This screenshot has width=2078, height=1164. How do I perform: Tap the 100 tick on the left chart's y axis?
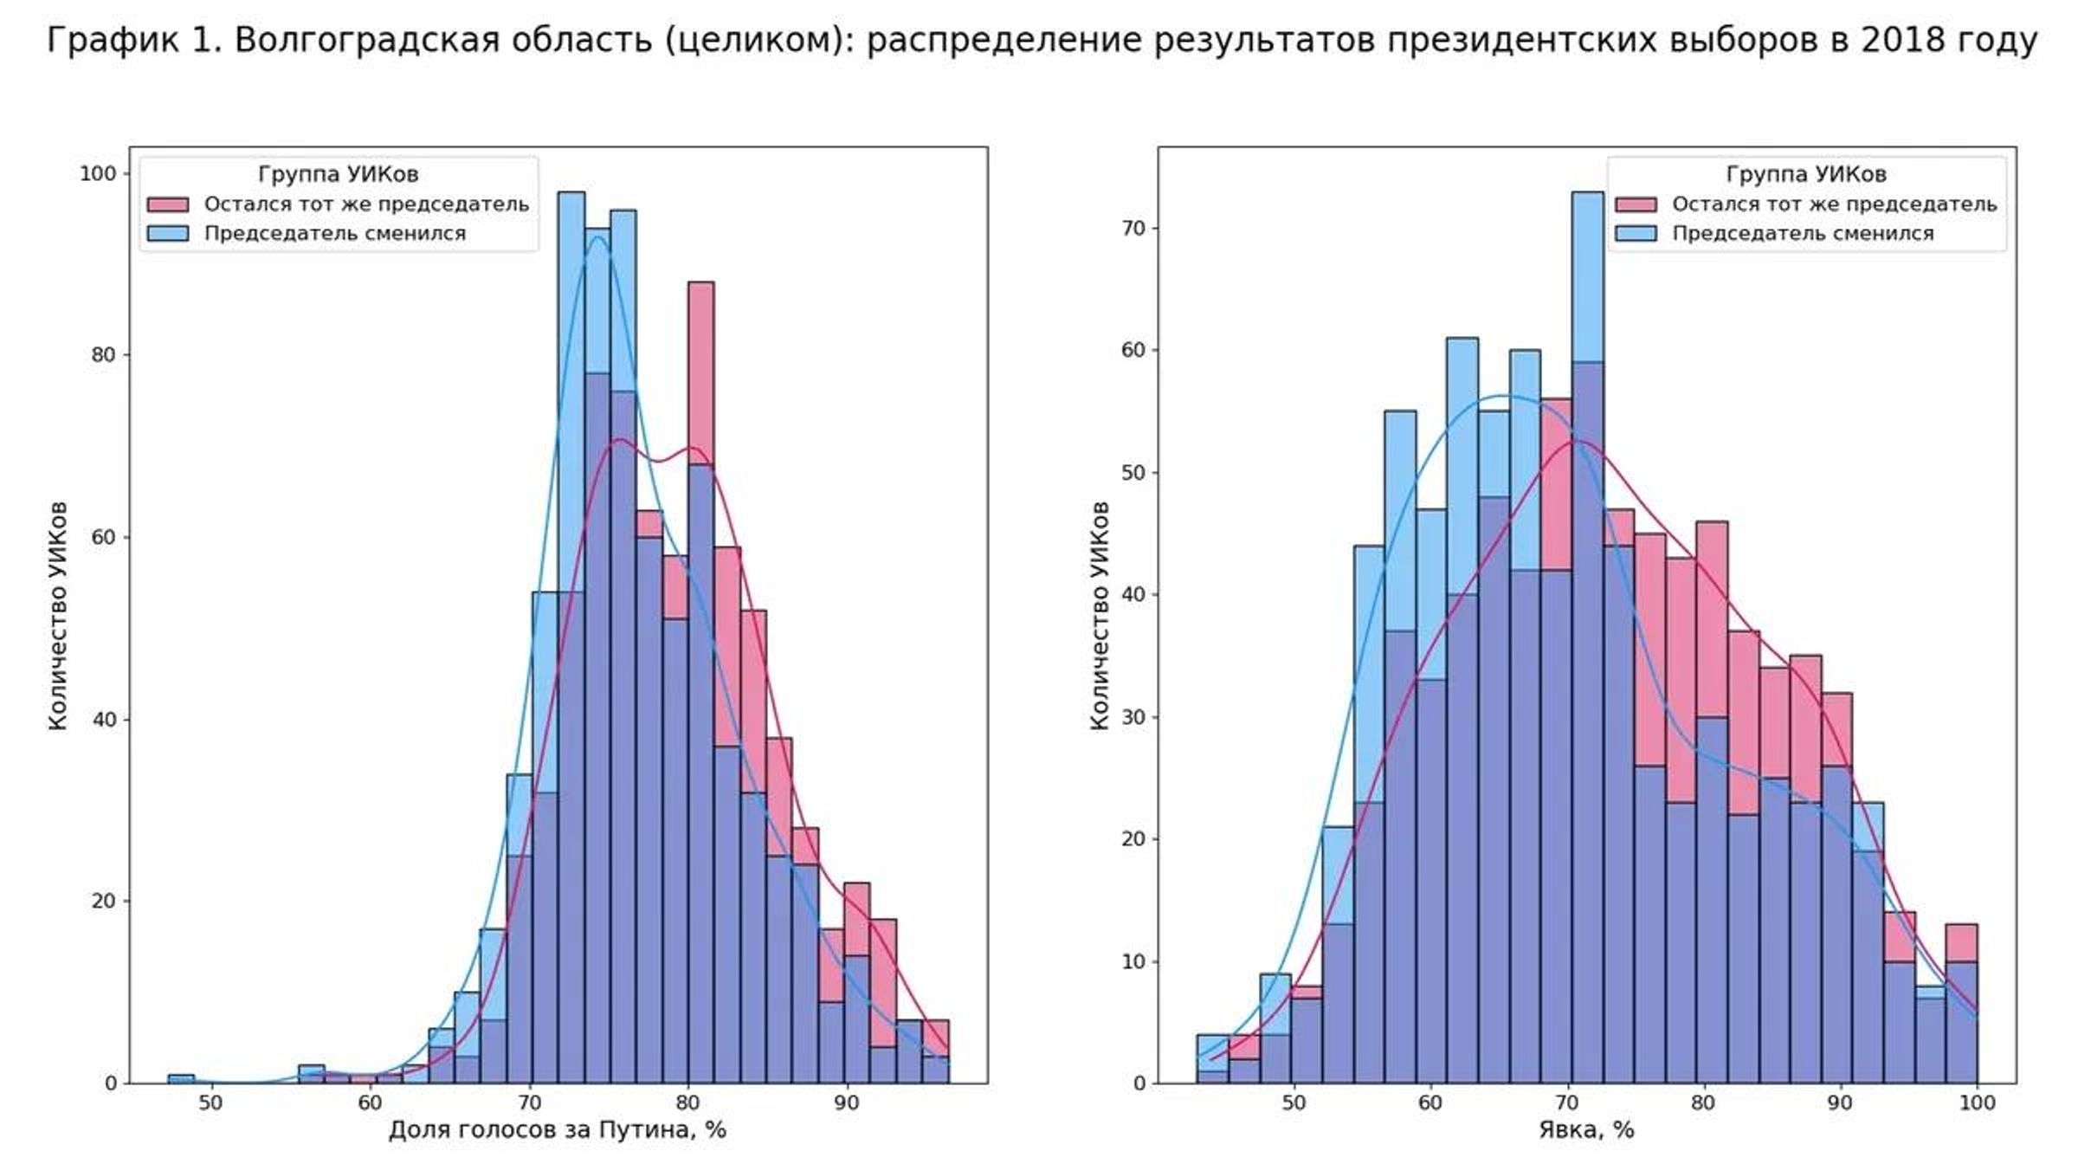[x=97, y=174]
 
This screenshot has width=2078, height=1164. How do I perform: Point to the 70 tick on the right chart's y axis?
[x=1133, y=229]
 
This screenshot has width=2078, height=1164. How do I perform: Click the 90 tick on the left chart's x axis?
[x=847, y=1103]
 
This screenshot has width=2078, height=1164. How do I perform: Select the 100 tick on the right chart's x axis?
[x=1977, y=1103]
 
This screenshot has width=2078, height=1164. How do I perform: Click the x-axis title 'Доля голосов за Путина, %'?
[x=557, y=1130]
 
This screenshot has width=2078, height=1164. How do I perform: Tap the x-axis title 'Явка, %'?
[x=1586, y=1130]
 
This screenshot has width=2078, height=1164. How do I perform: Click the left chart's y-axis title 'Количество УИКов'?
[x=57, y=616]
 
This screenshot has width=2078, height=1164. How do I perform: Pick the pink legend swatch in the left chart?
[x=167, y=204]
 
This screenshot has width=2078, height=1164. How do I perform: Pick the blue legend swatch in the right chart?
[x=1635, y=234]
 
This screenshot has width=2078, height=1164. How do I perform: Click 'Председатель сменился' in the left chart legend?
[x=335, y=234]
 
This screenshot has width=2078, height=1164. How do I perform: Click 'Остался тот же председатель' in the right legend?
[x=1834, y=204]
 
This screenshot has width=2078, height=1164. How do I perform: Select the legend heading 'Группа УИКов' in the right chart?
[x=1805, y=174]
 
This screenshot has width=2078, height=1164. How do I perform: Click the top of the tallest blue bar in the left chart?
[x=571, y=194]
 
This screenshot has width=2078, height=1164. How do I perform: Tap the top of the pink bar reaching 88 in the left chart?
[x=700, y=284]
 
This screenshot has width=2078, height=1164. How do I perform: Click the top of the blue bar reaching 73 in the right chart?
[x=1587, y=194]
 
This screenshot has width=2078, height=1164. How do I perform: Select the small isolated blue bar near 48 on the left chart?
[x=181, y=1078]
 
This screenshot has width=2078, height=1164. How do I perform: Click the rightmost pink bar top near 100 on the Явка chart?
[x=1961, y=926]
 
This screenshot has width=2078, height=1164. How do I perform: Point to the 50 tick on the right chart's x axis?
[x=1294, y=1103]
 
